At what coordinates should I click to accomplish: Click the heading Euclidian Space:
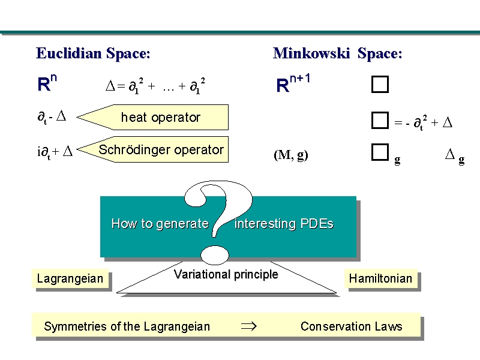click(x=93, y=53)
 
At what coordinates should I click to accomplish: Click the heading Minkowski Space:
click(x=337, y=53)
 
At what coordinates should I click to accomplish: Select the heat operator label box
click(x=160, y=117)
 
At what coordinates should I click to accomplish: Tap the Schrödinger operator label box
click(x=161, y=150)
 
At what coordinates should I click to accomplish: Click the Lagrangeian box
click(x=70, y=278)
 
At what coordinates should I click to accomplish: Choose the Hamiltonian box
click(x=380, y=278)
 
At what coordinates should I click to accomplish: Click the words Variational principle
click(x=226, y=275)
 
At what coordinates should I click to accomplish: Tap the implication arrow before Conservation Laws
click(x=248, y=326)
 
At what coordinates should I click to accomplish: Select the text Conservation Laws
click(x=351, y=326)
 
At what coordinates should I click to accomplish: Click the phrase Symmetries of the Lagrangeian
click(x=127, y=326)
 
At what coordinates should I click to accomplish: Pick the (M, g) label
click(x=291, y=155)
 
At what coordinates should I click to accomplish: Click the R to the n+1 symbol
click(x=293, y=83)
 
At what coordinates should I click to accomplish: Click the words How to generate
click(x=160, y=224)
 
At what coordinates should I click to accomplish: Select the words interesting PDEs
click(x=284, y=224)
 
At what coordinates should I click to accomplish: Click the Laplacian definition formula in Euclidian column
click(x=157, y=86)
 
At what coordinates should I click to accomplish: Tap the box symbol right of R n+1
click(x=380, y=85)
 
